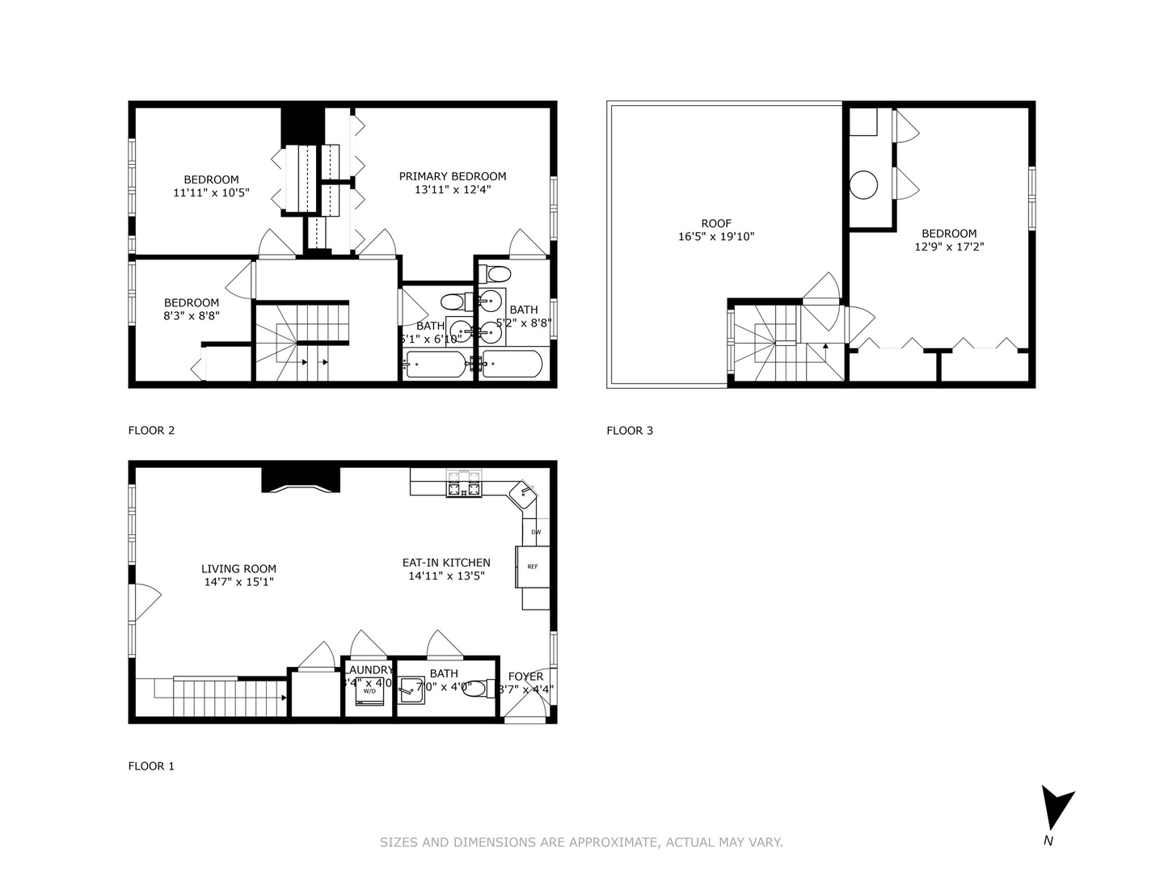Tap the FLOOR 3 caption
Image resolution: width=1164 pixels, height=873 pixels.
pyautogui.click(x=629, y=430)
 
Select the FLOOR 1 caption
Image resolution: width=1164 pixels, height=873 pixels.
pyautogui.click(x=151, y=765)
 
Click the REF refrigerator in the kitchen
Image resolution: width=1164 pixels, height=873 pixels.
pyautogui.click(x=533, y=567)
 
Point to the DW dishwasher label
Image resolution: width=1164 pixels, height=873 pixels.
pyautogui.click(x=536, y=532)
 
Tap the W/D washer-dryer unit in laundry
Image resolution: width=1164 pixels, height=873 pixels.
pyautogui.click(x=369, y=691)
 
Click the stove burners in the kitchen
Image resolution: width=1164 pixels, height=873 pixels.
pyautogui.click(x=463, y=487)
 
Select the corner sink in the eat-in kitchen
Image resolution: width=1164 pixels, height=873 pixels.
pyautogui.click(x=526, y=492)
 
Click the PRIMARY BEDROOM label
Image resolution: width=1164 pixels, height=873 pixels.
pyautogui.click(x=453, y=176)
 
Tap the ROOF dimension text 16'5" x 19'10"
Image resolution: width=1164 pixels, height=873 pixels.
pyautogui.click(x=716, y=237)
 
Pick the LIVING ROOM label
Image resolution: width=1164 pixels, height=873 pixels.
pyautogui.click(x=238, y=568)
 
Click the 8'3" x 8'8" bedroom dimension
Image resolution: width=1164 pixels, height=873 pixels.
pyautogui.click(x=192, y=316)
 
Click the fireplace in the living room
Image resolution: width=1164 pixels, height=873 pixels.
pyautogui.click(x=301, y=479)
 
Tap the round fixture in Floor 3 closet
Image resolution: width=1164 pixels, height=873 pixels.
pyautogui.click(x=863, y=185)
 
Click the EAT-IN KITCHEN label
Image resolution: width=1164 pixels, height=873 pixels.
pyautogui.click(x=446, y=563)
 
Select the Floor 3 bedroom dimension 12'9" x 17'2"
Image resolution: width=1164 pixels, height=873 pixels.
pyautogui.click(x=949, y=247)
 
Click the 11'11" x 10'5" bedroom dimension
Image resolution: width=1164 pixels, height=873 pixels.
pyautogui.click(x=211, y=193)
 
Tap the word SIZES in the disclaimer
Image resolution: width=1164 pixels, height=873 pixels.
pyautogui.click(x=399, y=842)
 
